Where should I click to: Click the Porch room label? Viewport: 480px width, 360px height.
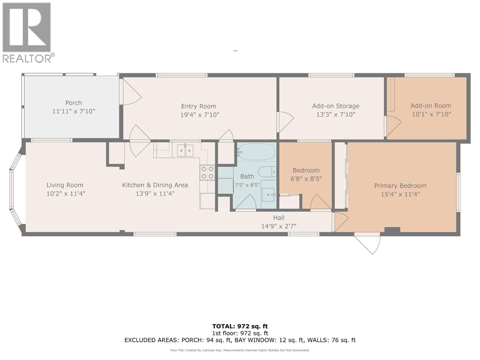pyautogui.click(x=73, y=103)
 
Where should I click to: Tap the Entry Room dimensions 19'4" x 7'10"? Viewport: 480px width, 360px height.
pyautogui.click(x=199, y=115)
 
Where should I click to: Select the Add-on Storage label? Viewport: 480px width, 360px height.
pyautogui.click(x=335, y=106)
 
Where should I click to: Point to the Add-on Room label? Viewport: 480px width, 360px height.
pyautogui.click(x=430, y=106)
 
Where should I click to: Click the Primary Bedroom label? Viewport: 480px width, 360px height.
pyautogui.click(x=400, y=186)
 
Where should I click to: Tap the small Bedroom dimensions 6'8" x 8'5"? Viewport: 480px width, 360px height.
pyautogui.click(x=306, y=179)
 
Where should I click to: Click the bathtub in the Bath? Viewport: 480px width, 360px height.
pyautogui.click(x=256, y=152)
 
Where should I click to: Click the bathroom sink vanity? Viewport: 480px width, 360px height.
pyautogui.click(x=268, y=194)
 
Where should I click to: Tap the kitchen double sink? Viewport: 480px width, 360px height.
pyautogui.click(x=185, y=151)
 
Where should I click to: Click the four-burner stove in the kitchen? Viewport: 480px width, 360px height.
pyautogui.click(x=207, y=173)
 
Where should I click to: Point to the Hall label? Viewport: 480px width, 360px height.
pyautogui.click(x=278, y=218)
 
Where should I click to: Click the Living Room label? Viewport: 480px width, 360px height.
pyautogui.click(x=65, y=185)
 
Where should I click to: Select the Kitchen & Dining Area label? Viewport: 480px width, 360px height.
pyautogui.click(x=155, y=185)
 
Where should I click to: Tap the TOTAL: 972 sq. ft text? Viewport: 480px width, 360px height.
pyautogui.click(x=240, y=326)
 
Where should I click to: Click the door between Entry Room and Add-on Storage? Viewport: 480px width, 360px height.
pyautogui.click(x=285, y=122)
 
